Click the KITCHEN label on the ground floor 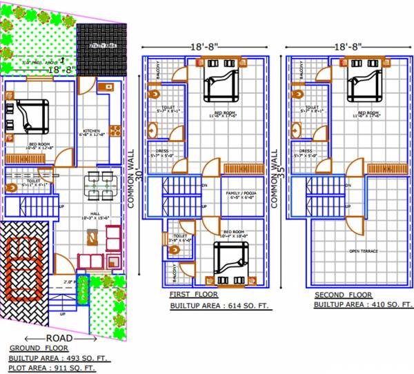[92, 132]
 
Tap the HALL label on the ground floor [92, 215]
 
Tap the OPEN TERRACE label [364, 251]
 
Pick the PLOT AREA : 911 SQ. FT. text [52, 368]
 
